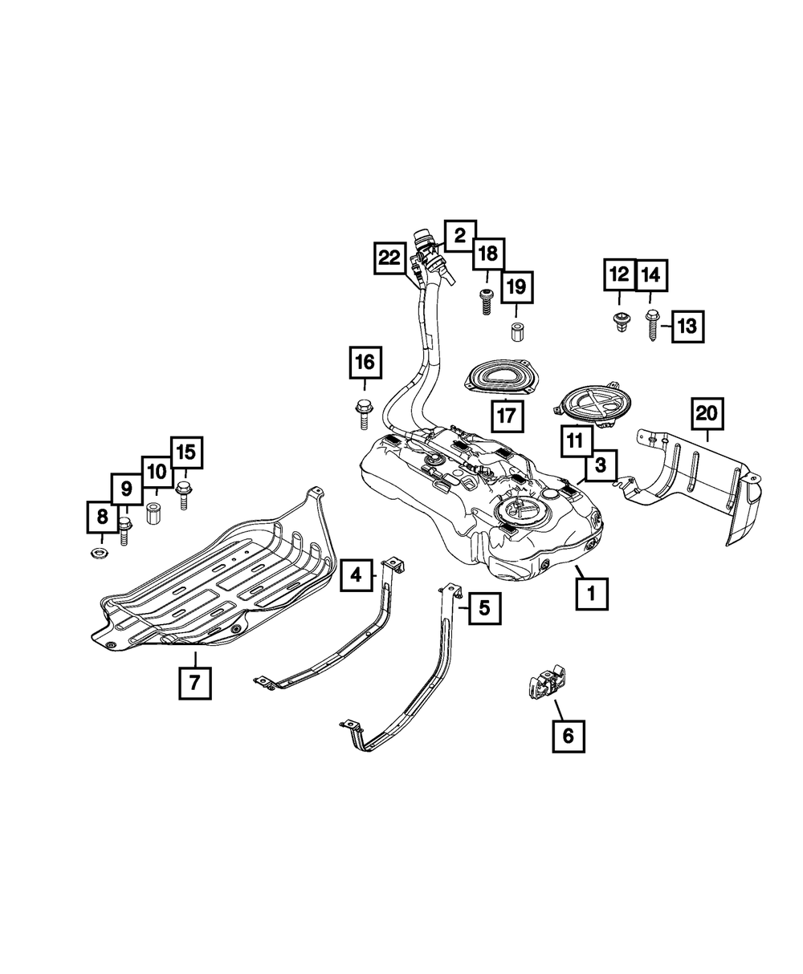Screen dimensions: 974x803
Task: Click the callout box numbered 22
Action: click(389, 258)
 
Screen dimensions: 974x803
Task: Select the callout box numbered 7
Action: click(195, 683)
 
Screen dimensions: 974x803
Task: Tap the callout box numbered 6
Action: click(569, 736)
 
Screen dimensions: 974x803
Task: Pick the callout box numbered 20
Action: click(707, 414)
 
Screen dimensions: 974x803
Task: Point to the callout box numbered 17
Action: click(507, 416)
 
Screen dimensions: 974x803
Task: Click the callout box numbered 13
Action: click(688, 326)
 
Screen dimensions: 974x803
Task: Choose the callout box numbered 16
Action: click(365, 363)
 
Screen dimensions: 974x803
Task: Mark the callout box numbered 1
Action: click(592, 595)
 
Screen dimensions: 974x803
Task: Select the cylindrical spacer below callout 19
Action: click(516, 331)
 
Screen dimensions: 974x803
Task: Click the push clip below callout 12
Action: click(619, 323)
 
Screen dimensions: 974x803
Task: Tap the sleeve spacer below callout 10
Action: click(155, 512)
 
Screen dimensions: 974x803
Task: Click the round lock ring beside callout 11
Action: click(593, 405)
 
